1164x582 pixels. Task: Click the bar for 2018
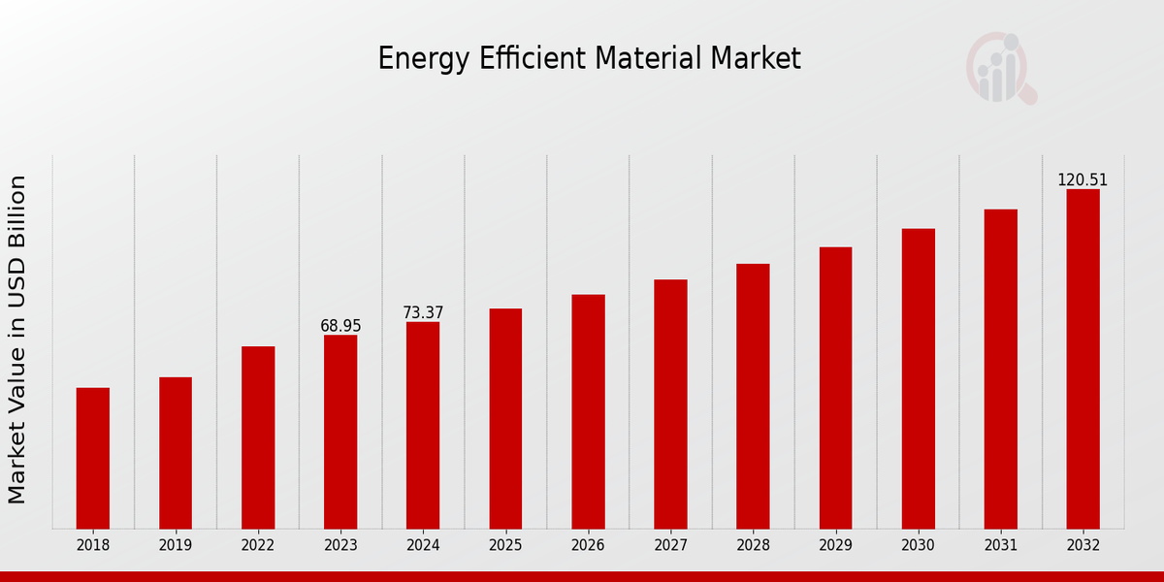pos(93,458)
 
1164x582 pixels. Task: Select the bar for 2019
pos(176,453)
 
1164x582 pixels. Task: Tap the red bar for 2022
pos(258,437)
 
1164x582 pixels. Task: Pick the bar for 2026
pos(588,411)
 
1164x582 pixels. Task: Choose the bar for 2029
pos(835,388)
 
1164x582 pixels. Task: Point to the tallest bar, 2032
pos(1083,359)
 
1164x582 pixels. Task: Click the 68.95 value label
pos(340,326)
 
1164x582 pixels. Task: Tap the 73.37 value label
pos(423,312)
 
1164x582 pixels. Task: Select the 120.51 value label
pos(1083,180)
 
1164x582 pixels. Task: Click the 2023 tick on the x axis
pos(340,545)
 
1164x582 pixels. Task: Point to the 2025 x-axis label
pos(505,545)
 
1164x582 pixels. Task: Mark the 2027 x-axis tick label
pos(670,545)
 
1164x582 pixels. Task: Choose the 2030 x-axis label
pos(918,545)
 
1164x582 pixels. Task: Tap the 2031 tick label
pos(1000,545)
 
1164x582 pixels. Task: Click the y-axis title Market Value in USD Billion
pos(17,339)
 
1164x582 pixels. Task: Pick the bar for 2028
pos(753,396)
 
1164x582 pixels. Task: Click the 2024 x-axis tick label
pos(423,545)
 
